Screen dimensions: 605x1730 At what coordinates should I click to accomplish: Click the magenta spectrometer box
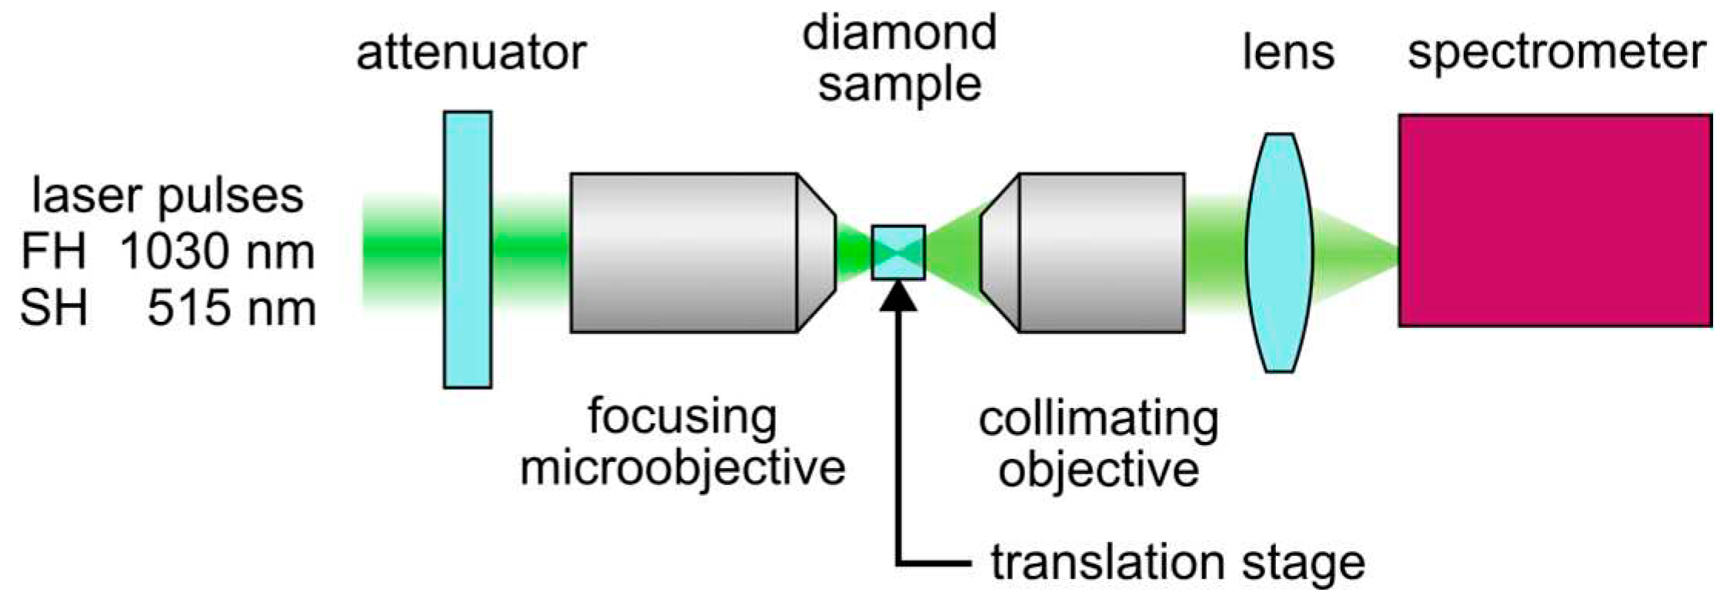1555,220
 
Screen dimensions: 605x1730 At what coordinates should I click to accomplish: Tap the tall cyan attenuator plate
467,249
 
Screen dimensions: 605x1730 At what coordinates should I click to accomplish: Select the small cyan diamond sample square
898,252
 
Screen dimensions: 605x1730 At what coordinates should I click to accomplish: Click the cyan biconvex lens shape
1279,252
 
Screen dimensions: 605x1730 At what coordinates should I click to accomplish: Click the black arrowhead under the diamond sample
898,296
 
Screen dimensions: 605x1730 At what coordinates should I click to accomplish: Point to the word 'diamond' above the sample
900,32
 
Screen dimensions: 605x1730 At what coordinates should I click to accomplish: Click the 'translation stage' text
1177,563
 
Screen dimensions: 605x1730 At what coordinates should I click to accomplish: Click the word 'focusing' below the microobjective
682,418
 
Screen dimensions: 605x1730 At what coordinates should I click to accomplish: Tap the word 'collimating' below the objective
1098,419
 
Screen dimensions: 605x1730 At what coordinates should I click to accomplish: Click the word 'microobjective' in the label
683,467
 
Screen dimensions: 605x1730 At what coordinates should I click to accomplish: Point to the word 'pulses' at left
230,197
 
